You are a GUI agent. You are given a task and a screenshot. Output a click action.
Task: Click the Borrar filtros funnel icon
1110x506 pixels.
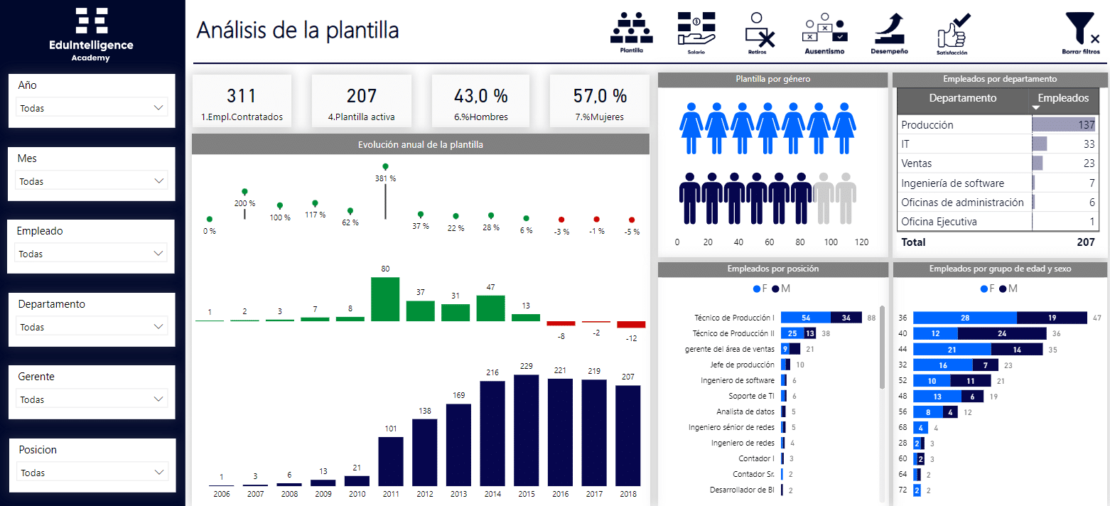pos(1081,31)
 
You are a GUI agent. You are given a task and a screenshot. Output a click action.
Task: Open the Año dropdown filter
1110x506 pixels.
pos(92,108)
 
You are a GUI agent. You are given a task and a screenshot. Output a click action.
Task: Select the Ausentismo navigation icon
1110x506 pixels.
pos(824,29)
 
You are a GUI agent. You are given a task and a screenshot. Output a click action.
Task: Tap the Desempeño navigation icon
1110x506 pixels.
pos(889,29)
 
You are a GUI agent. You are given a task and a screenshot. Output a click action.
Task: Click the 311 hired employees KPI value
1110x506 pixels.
pos(241,96)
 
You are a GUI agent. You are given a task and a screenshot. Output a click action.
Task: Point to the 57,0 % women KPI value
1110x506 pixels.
pos(600,96)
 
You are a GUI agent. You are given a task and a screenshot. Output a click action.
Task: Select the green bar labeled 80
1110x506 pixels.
pos(385,299)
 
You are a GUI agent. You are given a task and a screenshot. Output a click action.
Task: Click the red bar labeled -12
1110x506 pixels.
pos(631,325)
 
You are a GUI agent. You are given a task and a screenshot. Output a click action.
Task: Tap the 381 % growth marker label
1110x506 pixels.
pos(385,178)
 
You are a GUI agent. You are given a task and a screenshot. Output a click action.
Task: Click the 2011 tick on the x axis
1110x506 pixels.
pos(390,494)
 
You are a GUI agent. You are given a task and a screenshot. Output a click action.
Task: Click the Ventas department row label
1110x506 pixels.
pos(917,163)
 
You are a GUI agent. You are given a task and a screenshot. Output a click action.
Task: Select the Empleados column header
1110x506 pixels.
pos(1063,98)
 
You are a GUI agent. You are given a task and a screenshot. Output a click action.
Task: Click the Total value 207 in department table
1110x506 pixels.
pos(1085,242)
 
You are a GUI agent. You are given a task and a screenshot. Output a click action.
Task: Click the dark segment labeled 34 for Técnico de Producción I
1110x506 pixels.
pos(846,318)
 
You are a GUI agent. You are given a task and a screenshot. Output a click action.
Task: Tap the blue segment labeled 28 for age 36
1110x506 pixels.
pos(964,318)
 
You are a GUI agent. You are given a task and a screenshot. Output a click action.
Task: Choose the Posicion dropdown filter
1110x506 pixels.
pos(92,473)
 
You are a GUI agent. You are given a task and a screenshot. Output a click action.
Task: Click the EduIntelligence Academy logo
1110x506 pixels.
pos(92,33)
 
